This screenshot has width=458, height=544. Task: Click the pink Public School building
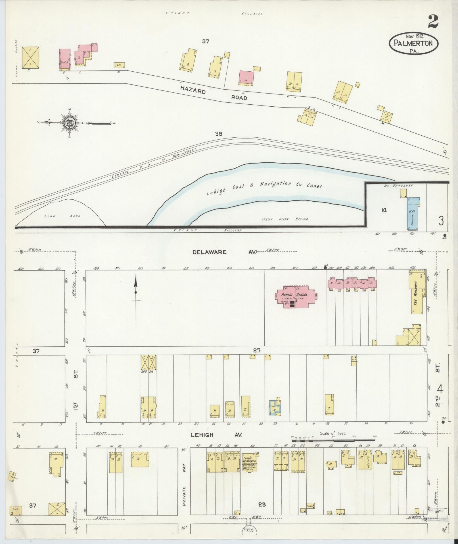tap(295, 298)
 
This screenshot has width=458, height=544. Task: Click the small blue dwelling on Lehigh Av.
tap(275, 408)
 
